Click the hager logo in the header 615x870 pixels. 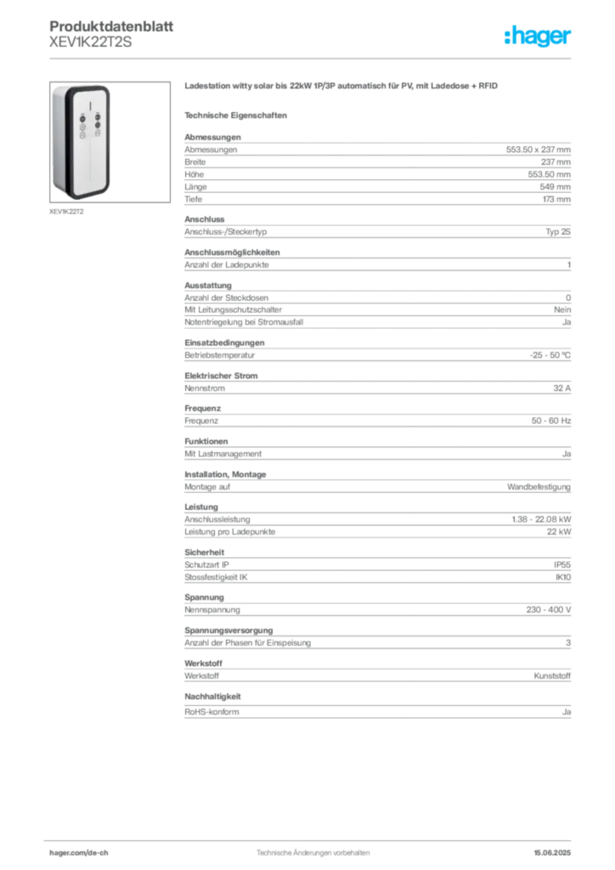tap(538, 36)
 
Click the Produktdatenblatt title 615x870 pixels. tap(111, 26)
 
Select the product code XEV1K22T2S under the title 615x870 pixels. tap(90, 42)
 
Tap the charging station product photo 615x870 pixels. tap(110, 142)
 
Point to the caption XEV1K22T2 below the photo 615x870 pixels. tap(66, 212)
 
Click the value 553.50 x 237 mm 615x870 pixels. tap(538, 150)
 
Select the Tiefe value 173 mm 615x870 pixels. tap(556, 199)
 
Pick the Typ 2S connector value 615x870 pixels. tap(558, 232)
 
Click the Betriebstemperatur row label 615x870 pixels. tap(220, 355)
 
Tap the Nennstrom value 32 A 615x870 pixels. tap(561, 388)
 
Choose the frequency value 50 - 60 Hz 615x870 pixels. tap(550, 421)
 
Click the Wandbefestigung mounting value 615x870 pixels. tap(539, 487)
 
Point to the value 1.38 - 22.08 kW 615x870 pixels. tap(541, 519)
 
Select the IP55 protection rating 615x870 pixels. tap(561, 565)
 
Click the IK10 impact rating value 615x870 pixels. tap(563, 578)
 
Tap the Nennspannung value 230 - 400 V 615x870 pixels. tap(549, 610)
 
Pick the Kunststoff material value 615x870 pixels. tap(552, 675)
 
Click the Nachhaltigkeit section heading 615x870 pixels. tap(212, 697)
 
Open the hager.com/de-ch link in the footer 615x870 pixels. tap(79, 853)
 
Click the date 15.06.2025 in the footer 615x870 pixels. tap(552, 853)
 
